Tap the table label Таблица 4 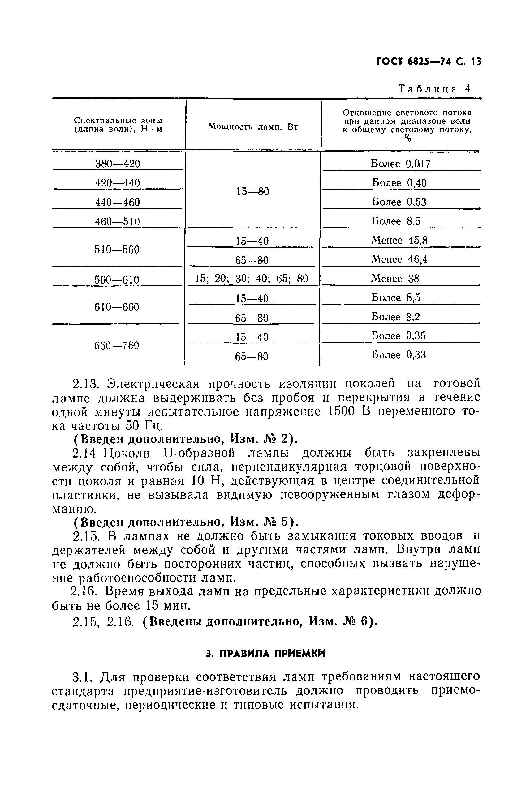434,88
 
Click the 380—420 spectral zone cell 118,164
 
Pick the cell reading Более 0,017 401,164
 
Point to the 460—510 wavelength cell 118,222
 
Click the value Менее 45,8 399,241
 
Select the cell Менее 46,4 399,259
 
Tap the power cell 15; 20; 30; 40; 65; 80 252,279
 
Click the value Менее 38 395,279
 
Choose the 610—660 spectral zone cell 117,307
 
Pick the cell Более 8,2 396,317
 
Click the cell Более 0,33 399,355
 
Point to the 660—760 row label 117,346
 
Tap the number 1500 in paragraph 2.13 341,412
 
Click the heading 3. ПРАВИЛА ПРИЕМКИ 265,654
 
